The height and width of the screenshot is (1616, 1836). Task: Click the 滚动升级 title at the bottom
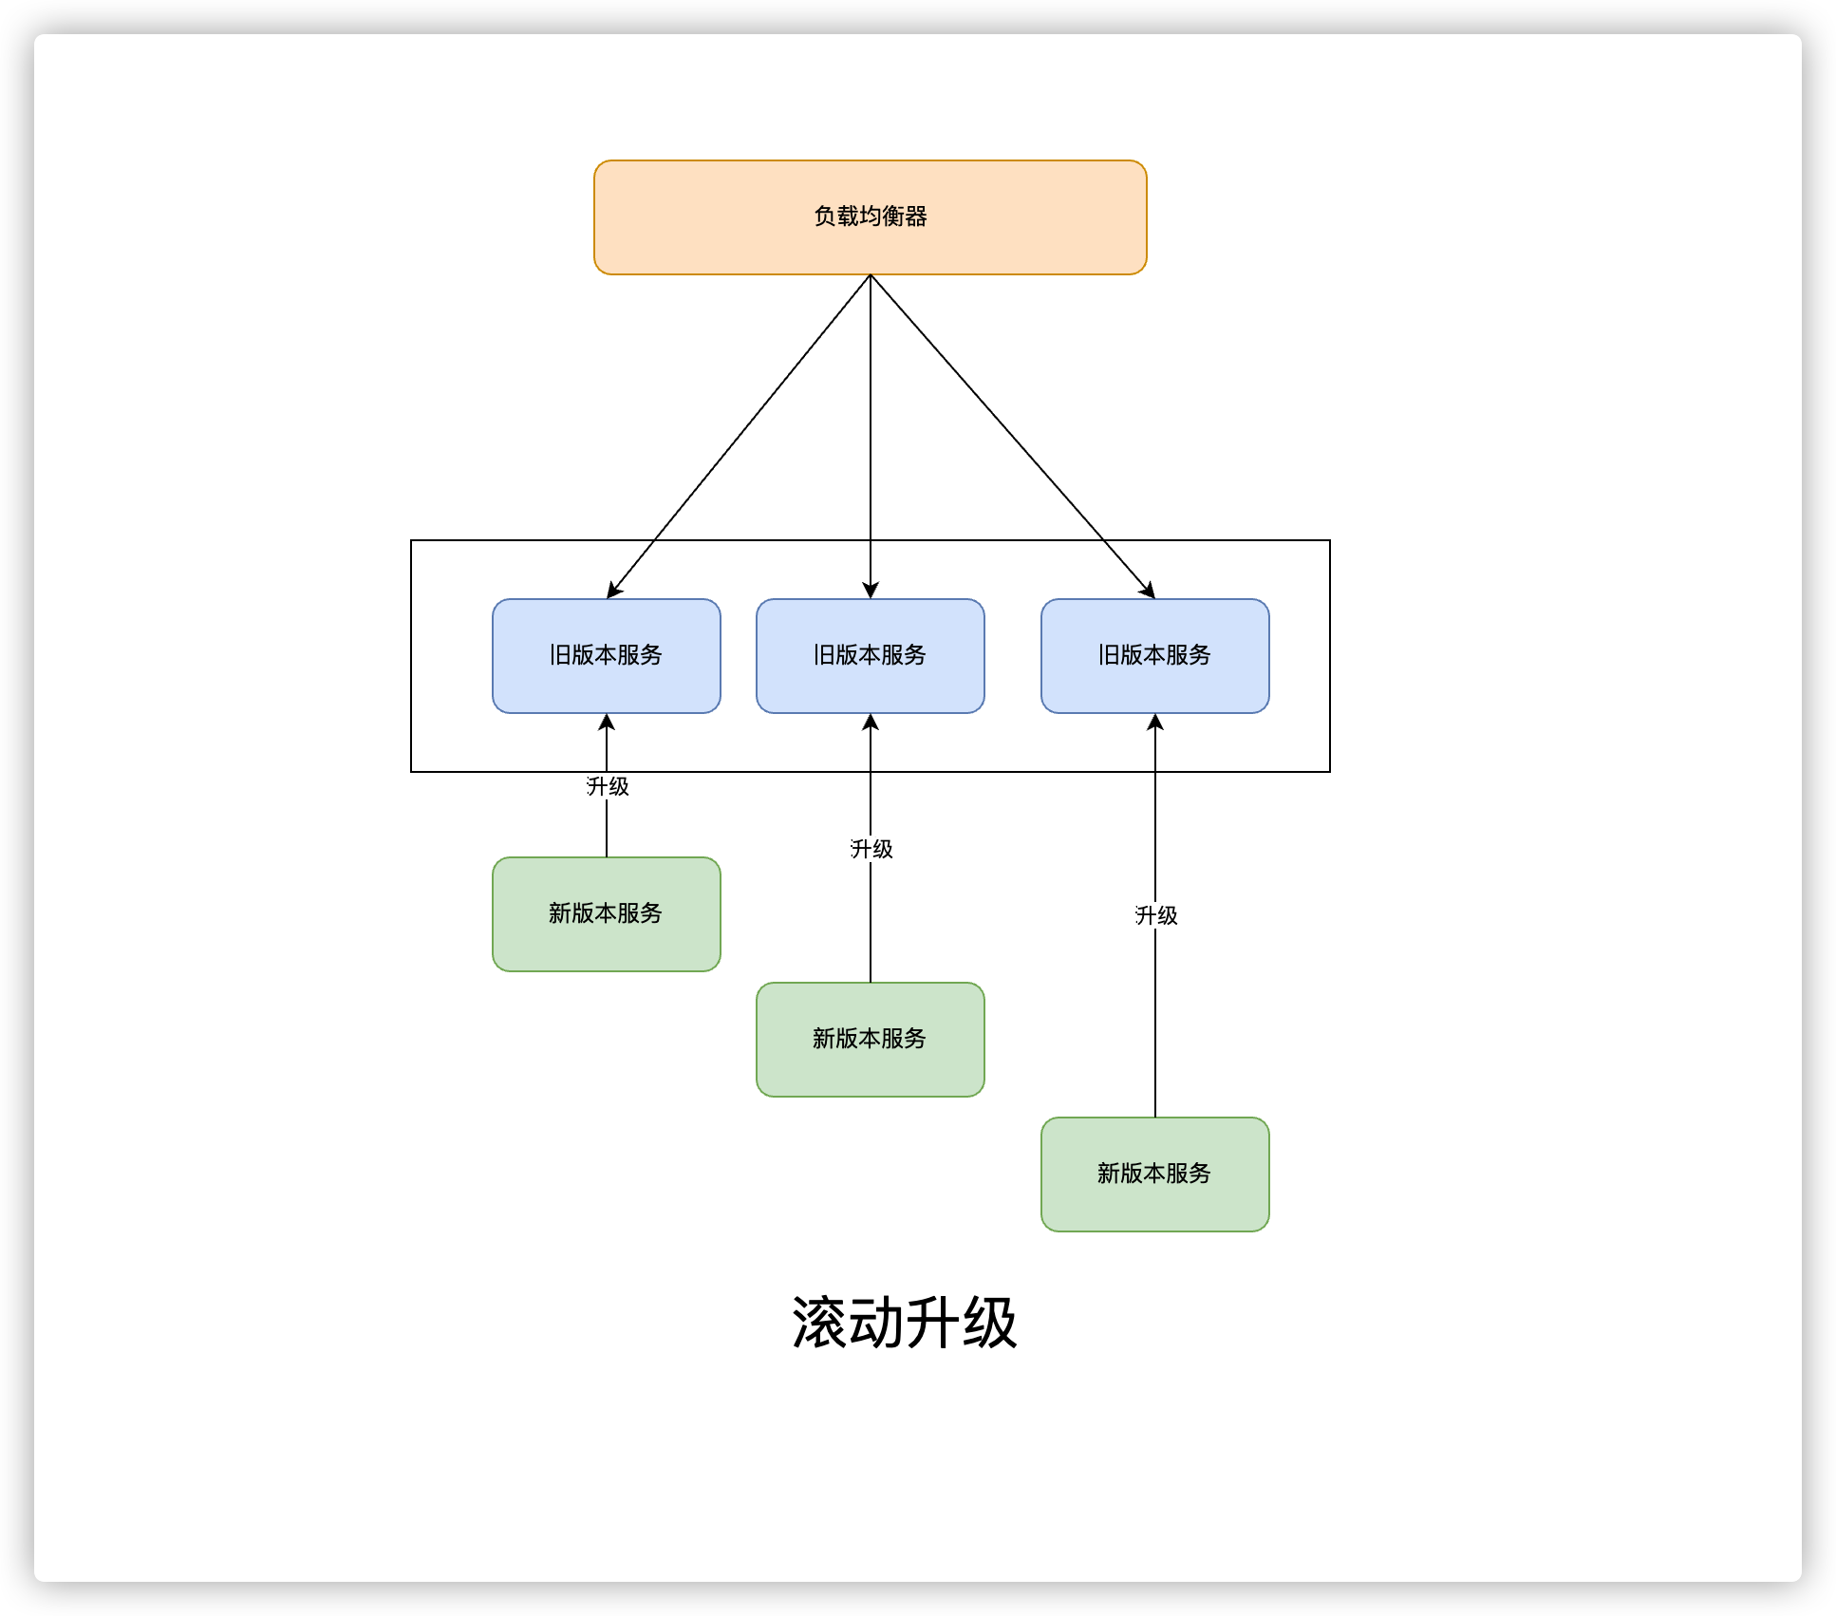[904, 1323]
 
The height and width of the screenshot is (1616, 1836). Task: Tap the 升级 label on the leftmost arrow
[608, 786]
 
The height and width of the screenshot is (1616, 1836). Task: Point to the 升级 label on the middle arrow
[871, 849]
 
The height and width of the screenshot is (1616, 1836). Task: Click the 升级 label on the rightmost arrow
[1156, 915]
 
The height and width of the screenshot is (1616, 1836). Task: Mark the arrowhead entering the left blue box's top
[612, 592]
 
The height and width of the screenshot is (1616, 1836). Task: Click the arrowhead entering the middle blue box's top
[871, 591]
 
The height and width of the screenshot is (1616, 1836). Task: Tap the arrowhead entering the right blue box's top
[1149, 592]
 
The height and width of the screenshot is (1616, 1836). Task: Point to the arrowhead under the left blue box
[607, 723]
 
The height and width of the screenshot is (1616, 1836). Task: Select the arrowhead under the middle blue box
[871, 723]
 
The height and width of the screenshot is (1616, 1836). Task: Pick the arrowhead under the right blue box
[1155, 723]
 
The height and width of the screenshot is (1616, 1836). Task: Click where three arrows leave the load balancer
[871, 276]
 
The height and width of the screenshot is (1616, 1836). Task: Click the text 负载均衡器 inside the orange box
[870, 216]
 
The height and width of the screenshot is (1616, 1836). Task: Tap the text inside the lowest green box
[1154, 1174]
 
